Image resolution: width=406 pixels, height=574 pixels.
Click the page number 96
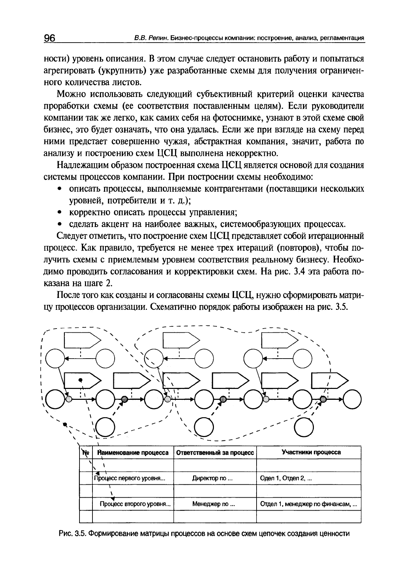point(49,38)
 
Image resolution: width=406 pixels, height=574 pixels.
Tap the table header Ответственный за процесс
point(215,453)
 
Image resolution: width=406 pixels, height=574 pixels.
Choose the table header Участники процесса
point(311,452)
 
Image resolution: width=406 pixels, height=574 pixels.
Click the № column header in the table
point(85,453)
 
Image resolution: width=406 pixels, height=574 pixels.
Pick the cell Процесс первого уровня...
point(130,478)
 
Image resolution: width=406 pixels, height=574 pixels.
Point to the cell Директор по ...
point(212,478)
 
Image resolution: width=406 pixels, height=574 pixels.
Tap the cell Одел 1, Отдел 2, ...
point(286,478)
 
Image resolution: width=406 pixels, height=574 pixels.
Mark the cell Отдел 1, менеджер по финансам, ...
point(308,504)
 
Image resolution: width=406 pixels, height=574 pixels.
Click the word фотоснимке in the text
point(231,118)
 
